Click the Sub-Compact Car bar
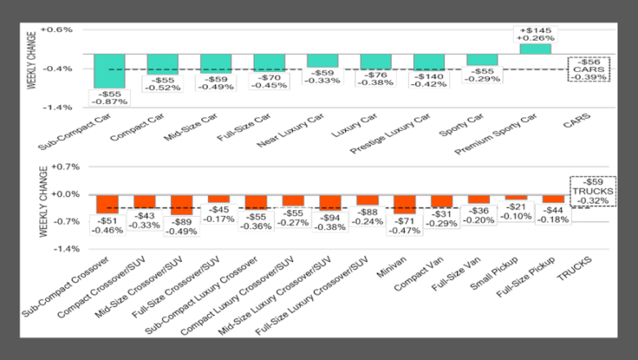(x=109, y=71)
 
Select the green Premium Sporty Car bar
(x=536, y=49)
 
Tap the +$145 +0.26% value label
(x=536, y=34)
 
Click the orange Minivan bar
(x=405, y=204)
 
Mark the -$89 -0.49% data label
(x=182, y=225)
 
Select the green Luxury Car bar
(x=375, y=62)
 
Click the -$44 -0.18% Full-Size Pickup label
(x=554, y=214)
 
